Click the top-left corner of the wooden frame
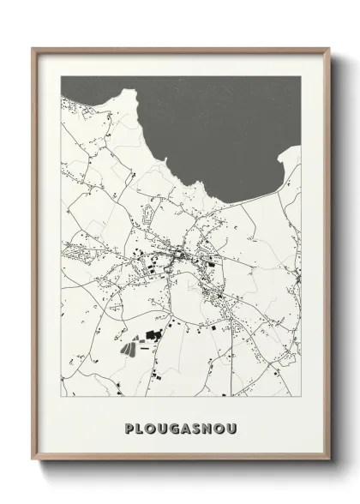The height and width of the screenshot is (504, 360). (x=33, y=48)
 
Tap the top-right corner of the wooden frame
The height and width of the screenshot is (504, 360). (x=327, y=48)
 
